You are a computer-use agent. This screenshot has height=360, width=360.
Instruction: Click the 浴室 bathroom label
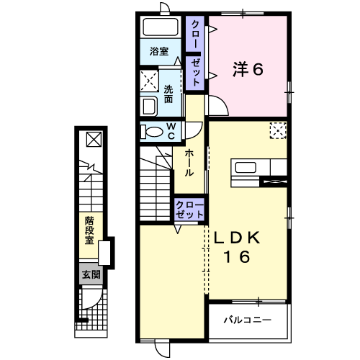point(159,52)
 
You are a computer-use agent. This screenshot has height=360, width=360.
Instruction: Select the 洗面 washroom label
point(168,95)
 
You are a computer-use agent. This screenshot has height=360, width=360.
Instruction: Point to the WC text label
point(172,132)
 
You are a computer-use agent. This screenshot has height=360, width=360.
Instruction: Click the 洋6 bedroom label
point(248,70)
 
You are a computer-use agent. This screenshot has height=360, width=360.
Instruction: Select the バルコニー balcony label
point(246,318)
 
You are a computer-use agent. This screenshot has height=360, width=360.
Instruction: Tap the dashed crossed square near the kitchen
point(278,130)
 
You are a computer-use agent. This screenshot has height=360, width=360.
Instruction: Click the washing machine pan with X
point(150,78)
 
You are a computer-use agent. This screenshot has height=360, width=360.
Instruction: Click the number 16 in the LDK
point(241,258)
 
